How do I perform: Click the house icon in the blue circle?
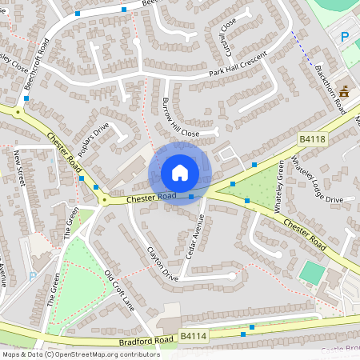[179, 173]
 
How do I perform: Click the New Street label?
[20, 167]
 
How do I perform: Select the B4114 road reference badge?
[193, 338]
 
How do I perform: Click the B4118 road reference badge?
[312, 139]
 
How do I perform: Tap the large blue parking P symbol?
[345, 37]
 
